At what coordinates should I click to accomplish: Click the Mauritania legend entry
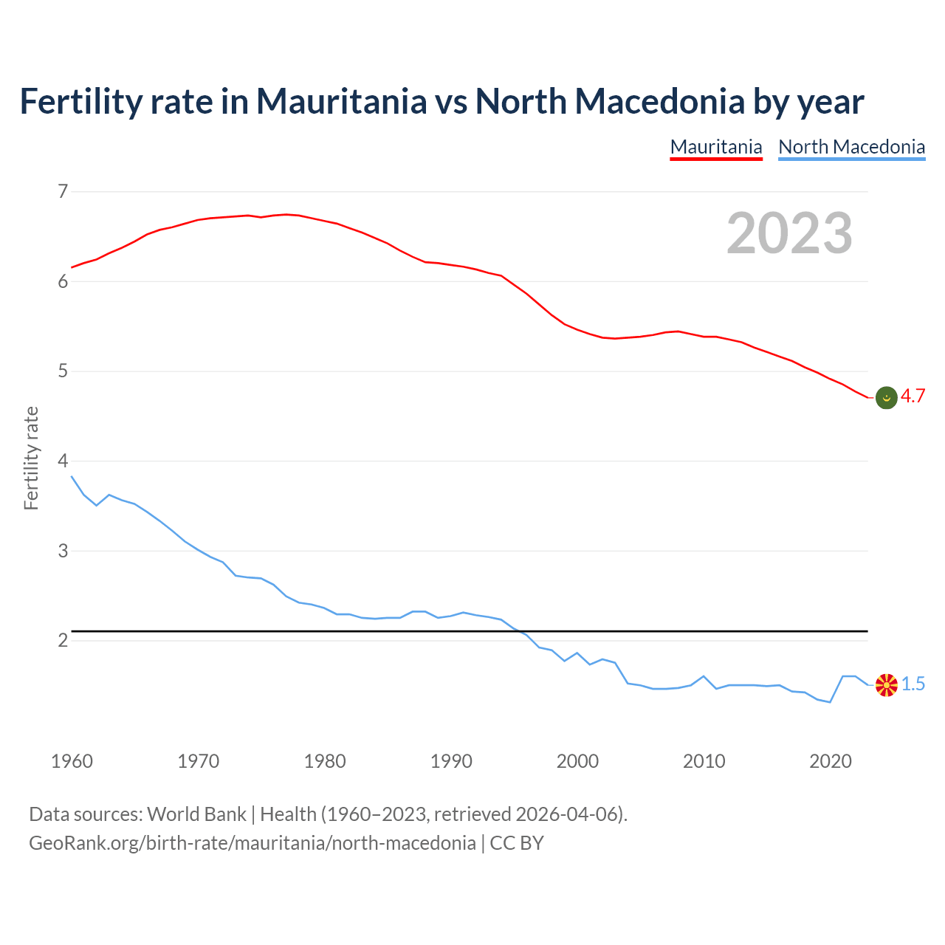coord(715,147)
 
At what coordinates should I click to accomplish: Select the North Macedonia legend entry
coord(851,147)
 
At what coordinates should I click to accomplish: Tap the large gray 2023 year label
coord(789,233)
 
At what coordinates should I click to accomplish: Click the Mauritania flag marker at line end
coord(886,397)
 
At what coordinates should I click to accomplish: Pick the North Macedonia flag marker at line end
coord(886,684)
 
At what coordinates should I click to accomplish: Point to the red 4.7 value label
coord(913,396)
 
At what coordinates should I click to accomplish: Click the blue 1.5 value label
coord(913,684)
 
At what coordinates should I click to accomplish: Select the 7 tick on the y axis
coord(63,192)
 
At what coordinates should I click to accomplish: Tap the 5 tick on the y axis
coord(63,371)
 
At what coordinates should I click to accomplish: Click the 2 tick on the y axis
coord(63,640)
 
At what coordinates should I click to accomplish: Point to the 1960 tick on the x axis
coord(72,761)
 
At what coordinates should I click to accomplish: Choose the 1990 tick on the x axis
coord(451,761)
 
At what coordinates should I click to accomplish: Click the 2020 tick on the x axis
coord(831,761)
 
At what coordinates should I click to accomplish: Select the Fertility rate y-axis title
coord(31,458)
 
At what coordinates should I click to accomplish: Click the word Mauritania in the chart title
coord(341,101)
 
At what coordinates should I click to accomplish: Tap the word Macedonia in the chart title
coord(659,101)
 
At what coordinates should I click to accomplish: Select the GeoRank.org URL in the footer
coord(252,843)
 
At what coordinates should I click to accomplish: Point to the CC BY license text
coord(517,843)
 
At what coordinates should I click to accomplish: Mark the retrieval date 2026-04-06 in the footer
coord(566,814)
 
